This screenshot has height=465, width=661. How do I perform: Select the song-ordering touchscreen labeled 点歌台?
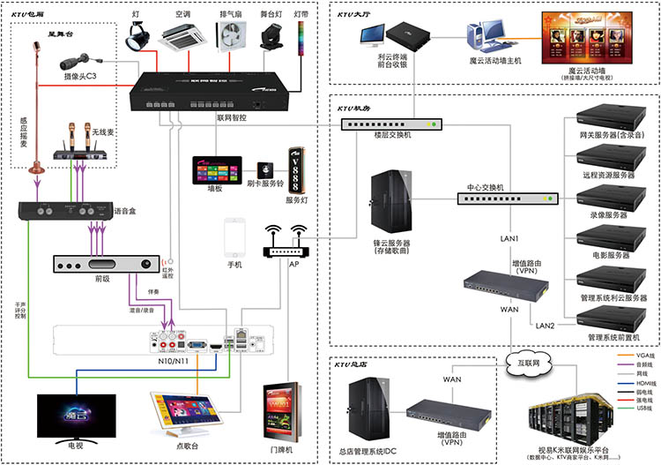point(184,416)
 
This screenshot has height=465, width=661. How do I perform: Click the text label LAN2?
point(545,326)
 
